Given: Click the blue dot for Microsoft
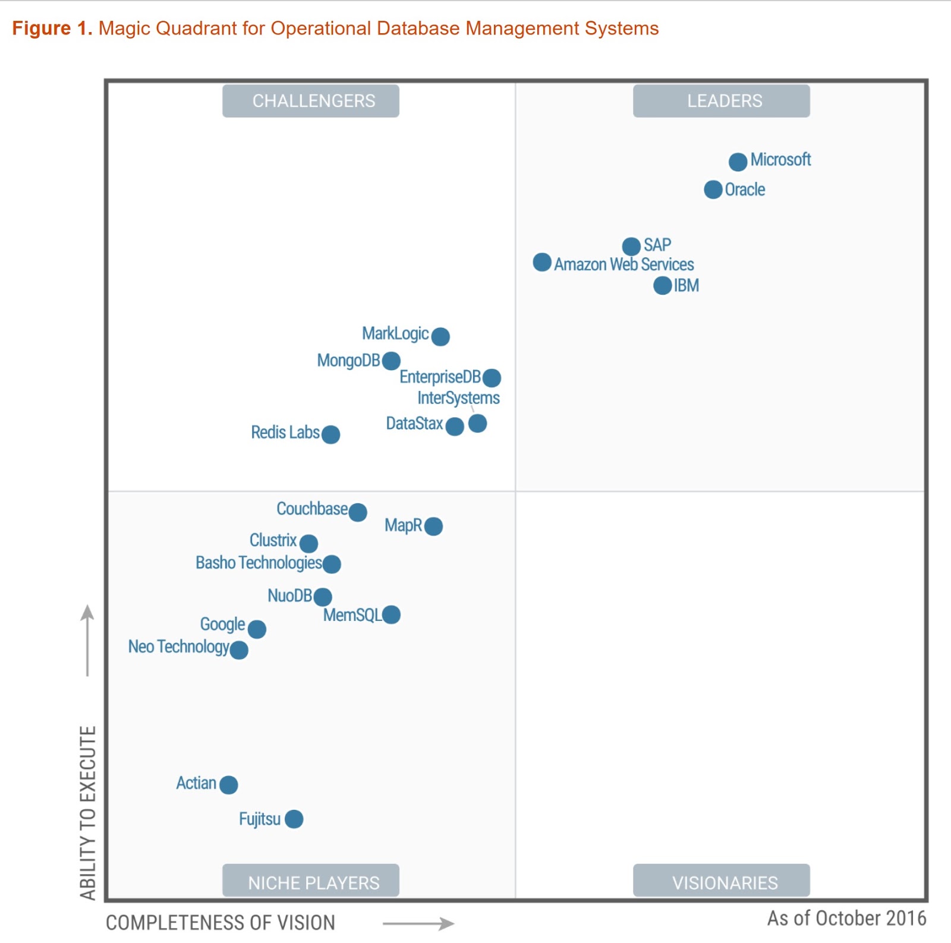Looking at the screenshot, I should pyautogui.click(x=738, y=162).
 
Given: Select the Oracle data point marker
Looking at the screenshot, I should pyautogui.click(x=713, y=190).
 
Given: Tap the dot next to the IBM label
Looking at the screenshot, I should pyautogui.click(x=662, y=286).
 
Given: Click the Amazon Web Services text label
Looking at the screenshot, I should pyautogui.click(x=623, y=264).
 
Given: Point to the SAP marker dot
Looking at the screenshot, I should pyautogui.click(x=631, y=246).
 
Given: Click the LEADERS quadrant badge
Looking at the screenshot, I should pyautogui.click(x=721, y=101).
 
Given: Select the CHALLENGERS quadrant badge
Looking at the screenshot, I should pyautogui.click(x=311, y=101).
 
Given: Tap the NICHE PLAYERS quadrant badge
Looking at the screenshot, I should pyautogui.click(x=311, y=881).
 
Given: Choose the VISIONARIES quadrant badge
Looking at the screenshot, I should pyautogui.click(x=721, y=881).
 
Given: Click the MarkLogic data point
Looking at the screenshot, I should pyautogui.click(x=440, y=337).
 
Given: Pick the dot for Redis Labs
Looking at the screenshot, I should pyautogui.click(x=330, y=434).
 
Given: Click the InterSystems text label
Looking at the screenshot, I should pyautogui.click(x=458, y=398).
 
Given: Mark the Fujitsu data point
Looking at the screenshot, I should pyautogui.click(x=294, y=819).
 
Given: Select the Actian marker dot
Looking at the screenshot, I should pyautogui.click(x=228, y=785).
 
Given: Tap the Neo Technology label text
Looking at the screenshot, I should pyautogui.click(x=178, y=647).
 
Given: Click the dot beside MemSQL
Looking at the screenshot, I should pyautogui.click(x=391, y=615).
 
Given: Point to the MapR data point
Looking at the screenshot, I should pyautogui.click(x=433, y=526).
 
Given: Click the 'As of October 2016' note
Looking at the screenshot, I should pyautogui.click(x=846, y=919).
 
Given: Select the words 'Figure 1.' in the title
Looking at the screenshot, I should pyautogui.click(x=52, y=29).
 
